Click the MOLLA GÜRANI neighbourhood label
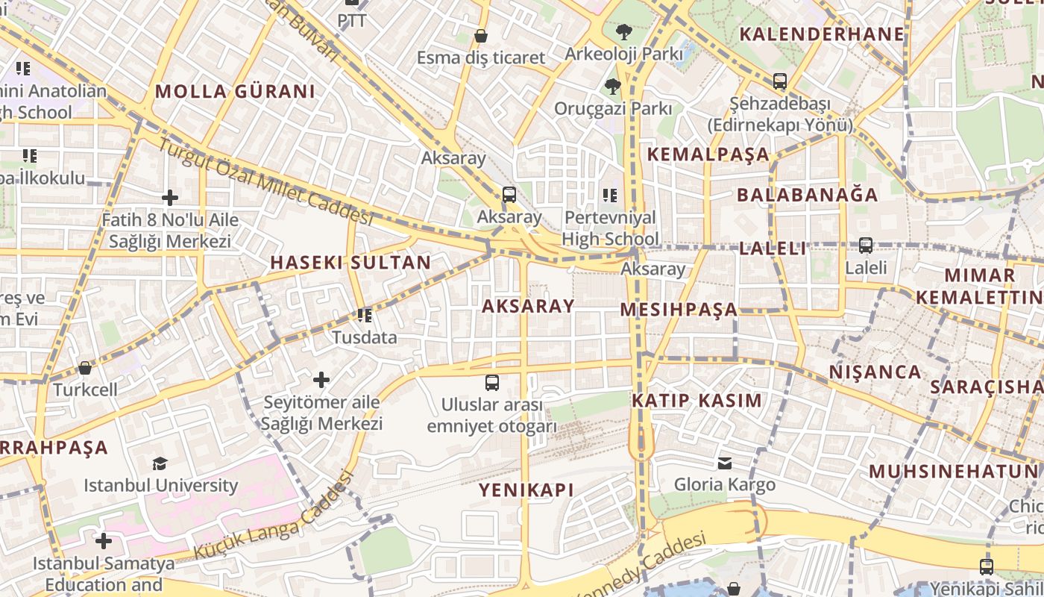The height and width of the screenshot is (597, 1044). coord(235,92)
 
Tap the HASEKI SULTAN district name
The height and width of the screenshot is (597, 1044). coord(350,263)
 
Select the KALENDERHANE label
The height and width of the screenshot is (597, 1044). coord(821,34)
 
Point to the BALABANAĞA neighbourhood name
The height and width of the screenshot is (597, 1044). coord(808,196)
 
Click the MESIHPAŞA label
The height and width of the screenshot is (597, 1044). coord(679,310)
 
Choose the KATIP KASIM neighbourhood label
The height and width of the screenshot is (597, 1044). coord(696,401)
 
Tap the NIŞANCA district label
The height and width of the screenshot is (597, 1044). coord(875,372)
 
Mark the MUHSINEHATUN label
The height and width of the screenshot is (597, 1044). coord(953,472)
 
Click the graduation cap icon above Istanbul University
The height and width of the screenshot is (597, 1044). coord(160,463)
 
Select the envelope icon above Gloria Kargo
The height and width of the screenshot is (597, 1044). coord(724,463)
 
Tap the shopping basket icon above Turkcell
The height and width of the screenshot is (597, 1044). coord(85,368)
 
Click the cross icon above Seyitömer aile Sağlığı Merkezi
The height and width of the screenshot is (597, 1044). coord(321,380)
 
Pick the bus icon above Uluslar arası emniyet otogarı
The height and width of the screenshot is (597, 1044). coord(492,383)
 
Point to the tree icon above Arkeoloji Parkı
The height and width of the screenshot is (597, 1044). coord(623,32)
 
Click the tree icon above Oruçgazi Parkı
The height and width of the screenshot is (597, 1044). coord(613,87)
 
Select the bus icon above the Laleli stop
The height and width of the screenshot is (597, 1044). coord(866,245)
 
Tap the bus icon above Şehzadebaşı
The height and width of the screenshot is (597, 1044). coord(780,81)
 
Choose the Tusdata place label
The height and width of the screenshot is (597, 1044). coord(365,337)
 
